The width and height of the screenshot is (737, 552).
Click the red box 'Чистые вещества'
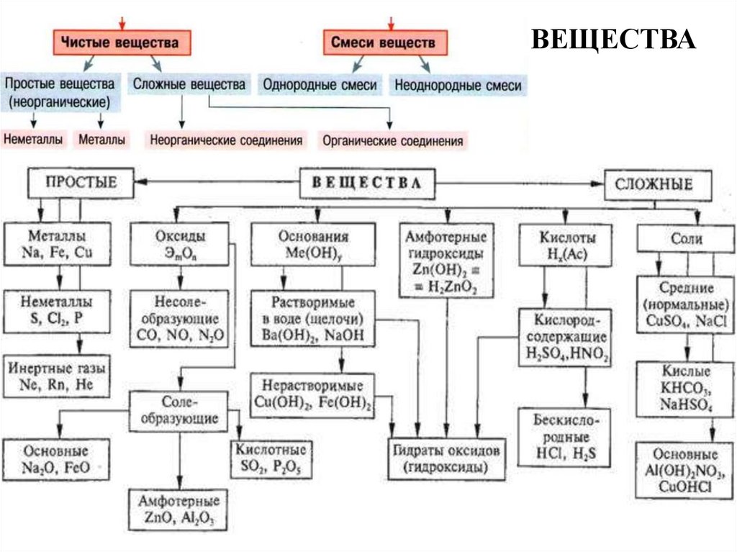click(x=125, y=43)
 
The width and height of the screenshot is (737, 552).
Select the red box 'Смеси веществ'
click(x=383, y=43)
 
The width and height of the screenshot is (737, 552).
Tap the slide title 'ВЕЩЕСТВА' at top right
click(x=613, y=40)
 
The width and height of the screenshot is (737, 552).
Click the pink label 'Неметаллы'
click(x=33, y=139)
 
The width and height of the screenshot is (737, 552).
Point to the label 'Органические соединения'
click(x=393, y=140)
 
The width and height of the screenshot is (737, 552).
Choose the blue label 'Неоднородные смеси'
click(x=457, y=85)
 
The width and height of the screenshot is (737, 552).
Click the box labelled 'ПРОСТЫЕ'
click(x=81, y=184)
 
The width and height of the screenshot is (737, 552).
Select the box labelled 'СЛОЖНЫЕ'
click(x=654, y=184)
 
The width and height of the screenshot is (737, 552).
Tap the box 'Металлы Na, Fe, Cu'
click(x=60, y=245)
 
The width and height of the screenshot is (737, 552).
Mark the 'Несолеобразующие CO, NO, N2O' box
click(x=180, y=317)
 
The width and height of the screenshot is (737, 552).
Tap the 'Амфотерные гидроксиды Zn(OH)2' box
click(x=446, y=263)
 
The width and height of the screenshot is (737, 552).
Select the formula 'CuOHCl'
click(x=685, y=487)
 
